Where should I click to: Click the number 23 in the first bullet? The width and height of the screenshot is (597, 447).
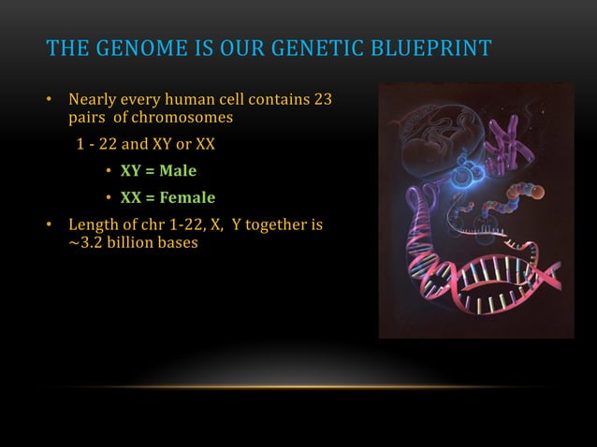(x=321, y=100)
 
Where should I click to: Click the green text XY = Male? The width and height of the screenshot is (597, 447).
(x=158, y=171)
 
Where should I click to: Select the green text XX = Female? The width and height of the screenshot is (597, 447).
(x=167, y=197)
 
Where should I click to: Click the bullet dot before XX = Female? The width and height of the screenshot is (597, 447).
(x=109, y=198)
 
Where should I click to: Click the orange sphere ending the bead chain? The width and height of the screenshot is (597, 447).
(x=541, y=194)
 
